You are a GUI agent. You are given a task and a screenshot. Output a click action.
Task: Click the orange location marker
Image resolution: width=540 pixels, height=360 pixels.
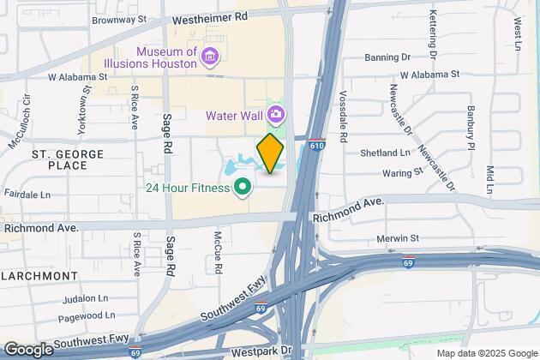click(x=270, y=153)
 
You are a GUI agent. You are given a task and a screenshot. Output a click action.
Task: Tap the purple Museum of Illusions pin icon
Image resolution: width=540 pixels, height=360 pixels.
click(x=211, y=57)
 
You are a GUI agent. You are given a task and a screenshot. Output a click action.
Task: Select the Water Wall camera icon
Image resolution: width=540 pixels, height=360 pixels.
click(x=277, y=114)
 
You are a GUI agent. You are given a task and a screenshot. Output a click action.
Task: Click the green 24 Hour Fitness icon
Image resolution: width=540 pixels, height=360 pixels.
click(x=243, y=185)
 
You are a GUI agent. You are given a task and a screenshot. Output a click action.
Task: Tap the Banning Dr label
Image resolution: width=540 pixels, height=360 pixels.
click(x=387, y=58)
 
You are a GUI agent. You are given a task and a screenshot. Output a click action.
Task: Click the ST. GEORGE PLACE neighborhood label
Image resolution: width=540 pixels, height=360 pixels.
click(x=68, y=159)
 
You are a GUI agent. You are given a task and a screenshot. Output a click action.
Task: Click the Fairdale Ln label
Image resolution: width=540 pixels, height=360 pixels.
click(x=26, y=195)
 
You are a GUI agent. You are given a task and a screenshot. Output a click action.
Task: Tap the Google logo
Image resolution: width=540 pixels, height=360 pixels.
click(x=28, y=350)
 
